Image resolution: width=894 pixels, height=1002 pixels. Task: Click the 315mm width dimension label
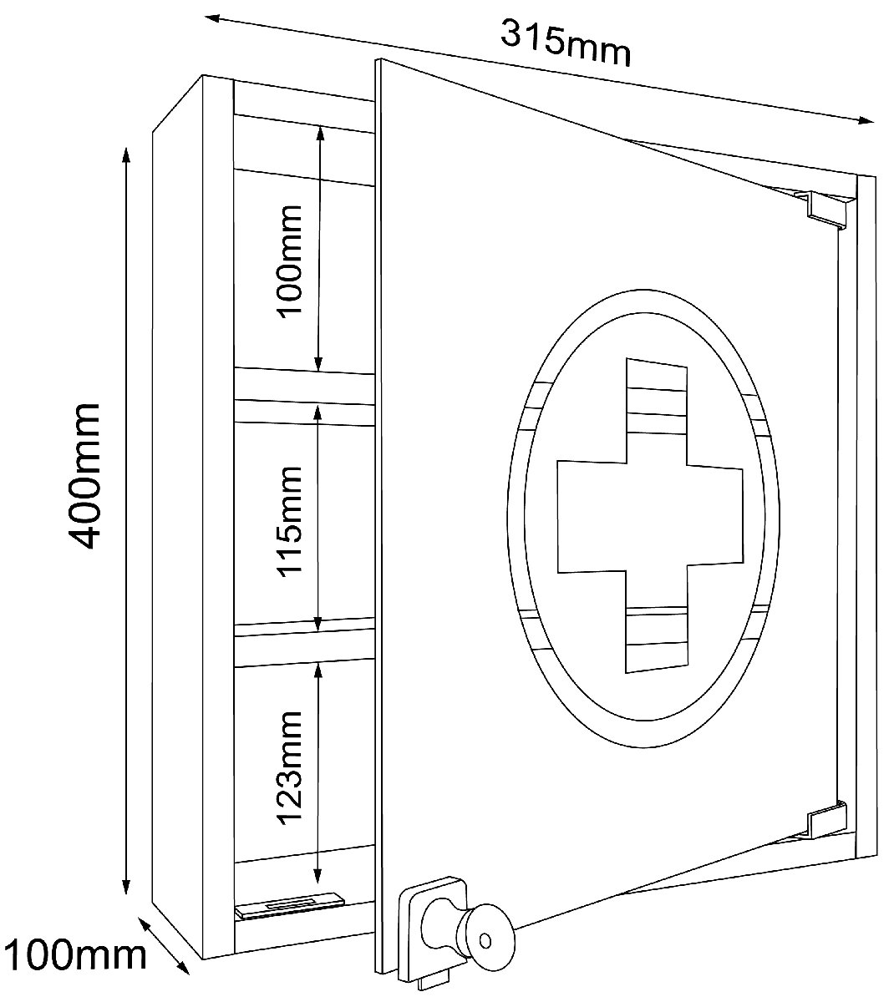pos(566,43)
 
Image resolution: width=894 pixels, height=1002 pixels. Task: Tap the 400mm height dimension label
pos(84,476)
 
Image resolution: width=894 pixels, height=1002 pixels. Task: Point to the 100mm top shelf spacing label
pos(290,261)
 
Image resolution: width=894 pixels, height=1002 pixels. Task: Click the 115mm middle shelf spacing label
pos(290,521)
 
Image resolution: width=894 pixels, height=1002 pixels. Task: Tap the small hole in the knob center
pos(485,940)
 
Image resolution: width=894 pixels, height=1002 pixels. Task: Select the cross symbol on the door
pos(649,515)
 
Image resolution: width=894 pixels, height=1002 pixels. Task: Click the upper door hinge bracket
pos(821,208)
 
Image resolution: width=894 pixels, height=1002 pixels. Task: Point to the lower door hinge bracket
pos(825,828)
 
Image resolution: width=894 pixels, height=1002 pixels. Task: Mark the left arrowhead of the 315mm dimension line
pos(213,18)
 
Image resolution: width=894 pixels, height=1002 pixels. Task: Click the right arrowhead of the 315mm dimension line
pos(866,120)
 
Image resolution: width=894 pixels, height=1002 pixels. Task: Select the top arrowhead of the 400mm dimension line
pos(125,155)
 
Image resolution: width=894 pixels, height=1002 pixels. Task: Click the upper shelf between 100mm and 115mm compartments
pos(304,386)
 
